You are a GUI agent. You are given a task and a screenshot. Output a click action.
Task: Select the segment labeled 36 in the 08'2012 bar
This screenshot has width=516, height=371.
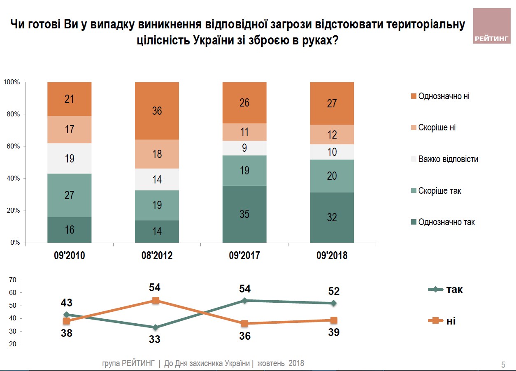click(157, 111)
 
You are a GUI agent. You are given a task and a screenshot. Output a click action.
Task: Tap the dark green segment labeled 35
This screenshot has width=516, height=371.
click(244, 214)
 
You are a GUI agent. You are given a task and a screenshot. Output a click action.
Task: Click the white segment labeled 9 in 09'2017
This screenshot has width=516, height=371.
click(244, 148)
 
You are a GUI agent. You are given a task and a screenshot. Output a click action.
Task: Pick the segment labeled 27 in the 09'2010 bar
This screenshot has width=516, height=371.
click(69, 195)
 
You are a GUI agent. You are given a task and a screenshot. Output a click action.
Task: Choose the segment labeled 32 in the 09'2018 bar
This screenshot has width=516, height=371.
click(332, 217)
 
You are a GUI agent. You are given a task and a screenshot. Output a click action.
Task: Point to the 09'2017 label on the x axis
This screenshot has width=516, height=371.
click(244, 256)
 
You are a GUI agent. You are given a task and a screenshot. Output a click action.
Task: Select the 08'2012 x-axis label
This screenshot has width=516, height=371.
click(157, 256)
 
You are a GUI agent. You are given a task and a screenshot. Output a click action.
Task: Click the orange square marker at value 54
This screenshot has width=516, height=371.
click(156, 301)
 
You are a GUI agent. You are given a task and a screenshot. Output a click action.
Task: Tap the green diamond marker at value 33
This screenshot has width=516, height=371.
click(156, 327)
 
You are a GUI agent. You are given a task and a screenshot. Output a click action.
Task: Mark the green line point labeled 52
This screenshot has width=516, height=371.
click(334, 303)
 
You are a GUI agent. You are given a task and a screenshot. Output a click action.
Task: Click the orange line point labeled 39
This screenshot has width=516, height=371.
click(334, 320)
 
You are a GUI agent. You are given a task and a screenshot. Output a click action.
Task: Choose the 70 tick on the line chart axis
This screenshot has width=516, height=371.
click(12, 280)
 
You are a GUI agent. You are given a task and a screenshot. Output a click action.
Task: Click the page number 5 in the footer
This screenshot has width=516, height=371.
click(503, 365)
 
